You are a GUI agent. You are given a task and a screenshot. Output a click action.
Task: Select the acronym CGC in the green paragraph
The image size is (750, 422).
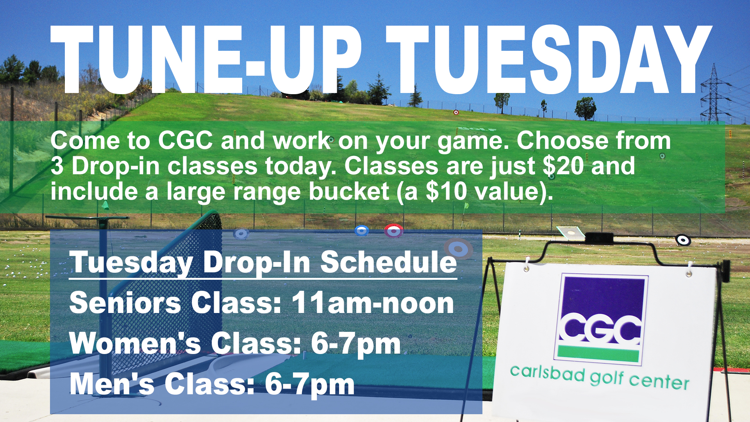pyautogui.click(x=186, y=140)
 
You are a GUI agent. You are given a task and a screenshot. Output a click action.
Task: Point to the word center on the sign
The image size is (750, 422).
pyautogui.click(x=659, y=381)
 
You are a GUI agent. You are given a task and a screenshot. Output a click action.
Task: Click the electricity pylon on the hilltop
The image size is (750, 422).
pyautogui.click(x=714, y=94)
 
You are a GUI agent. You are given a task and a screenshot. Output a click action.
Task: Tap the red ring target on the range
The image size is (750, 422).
pyautogui.click(x=393, y=231)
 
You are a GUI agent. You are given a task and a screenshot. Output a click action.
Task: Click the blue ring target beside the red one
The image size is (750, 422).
pyautogui.click(x=362, y=231)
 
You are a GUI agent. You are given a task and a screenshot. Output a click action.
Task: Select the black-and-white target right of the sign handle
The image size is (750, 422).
pyautogui.click(x=683, y=240)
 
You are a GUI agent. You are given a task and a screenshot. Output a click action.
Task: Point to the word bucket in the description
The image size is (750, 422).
pyautogui.click(x=349, y=191)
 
